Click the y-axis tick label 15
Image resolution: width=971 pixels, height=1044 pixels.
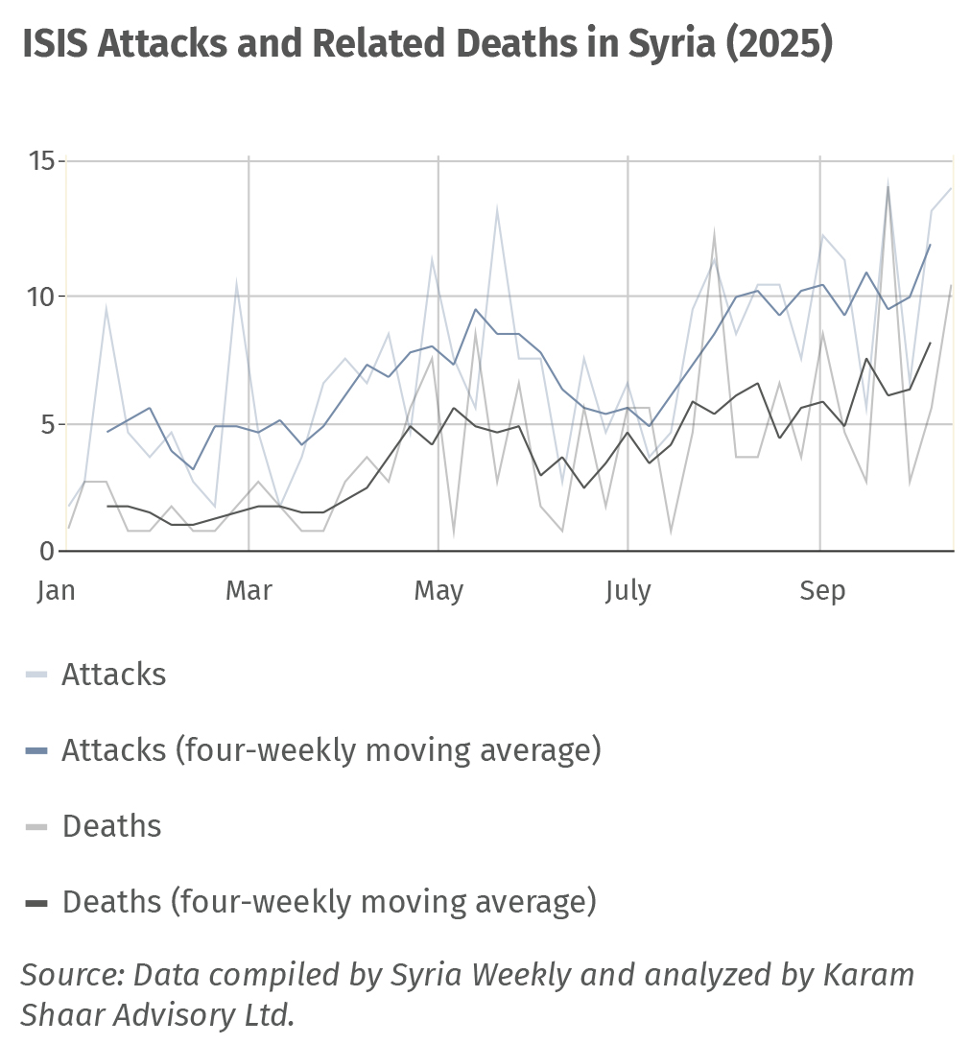click(39, 161)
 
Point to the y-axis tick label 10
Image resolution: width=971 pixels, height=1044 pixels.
click(39, 296)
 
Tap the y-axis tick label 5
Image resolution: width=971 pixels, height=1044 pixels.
click(46, 423)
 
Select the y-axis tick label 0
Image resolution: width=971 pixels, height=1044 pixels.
click(46, 551)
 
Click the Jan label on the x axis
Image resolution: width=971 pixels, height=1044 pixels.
click(56, 590)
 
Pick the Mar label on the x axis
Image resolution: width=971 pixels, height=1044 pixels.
click(249, 590)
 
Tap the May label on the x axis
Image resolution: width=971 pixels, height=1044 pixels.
click(438, 590)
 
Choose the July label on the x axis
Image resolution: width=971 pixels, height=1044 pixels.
click(628, 590)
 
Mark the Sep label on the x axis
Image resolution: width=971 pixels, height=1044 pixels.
click(822, 590)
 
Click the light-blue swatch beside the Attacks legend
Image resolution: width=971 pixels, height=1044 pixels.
click(36, 676)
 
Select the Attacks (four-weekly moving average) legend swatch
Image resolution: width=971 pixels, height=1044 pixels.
click(36, 750)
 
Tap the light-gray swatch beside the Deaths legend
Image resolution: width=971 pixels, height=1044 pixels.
click(36, 827)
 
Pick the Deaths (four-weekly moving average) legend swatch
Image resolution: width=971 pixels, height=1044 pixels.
click(36, 903)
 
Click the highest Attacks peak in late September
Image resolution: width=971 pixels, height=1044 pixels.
click(888, 182)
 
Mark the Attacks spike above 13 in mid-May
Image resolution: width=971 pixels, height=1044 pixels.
click(497, 207)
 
